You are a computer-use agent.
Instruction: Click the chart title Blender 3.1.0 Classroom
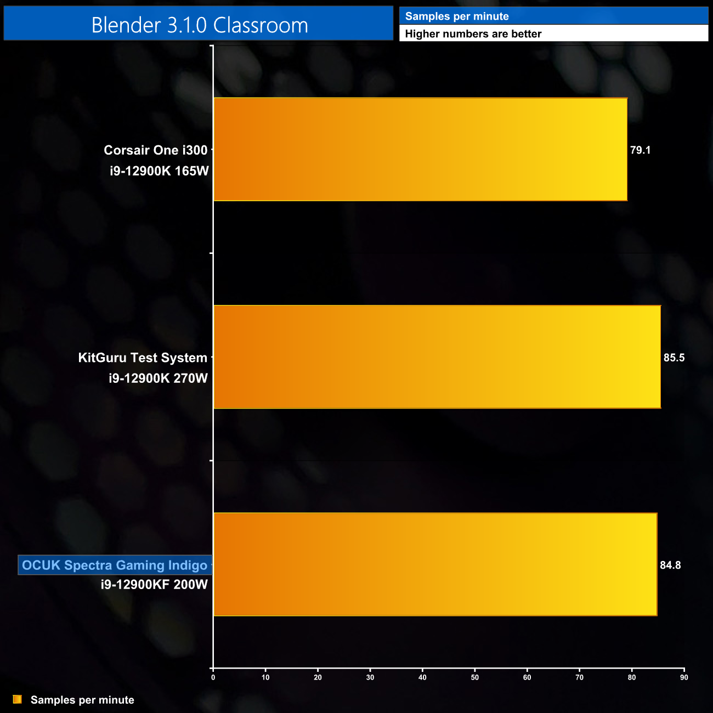[199, 25]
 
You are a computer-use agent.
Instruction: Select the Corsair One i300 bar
[420, 149]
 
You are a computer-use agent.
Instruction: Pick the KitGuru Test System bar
[437, 356]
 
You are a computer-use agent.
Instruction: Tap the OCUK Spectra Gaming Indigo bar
[435, 564]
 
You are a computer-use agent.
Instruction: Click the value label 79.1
[640, 150]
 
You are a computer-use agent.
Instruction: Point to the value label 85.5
[674, 358]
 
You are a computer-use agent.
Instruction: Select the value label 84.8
[670, 565]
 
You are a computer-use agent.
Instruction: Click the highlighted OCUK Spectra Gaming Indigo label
[115, 565]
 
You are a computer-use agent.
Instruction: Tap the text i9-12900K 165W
[159, 171]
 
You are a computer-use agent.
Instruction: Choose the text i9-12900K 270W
[158, 378]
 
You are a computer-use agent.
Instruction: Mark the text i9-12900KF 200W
[154, 585]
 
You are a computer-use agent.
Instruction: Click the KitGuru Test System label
[143, 358]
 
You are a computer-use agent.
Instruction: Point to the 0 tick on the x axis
[213, 677]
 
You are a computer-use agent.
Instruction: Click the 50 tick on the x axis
[475, 677]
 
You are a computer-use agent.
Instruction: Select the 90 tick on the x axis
[684, 677]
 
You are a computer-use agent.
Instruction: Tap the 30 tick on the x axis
[370, 677]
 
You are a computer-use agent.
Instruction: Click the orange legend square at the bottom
[18, 699]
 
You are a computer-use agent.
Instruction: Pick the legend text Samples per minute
[82, 700]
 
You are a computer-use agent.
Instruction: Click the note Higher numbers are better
[473, 34]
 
